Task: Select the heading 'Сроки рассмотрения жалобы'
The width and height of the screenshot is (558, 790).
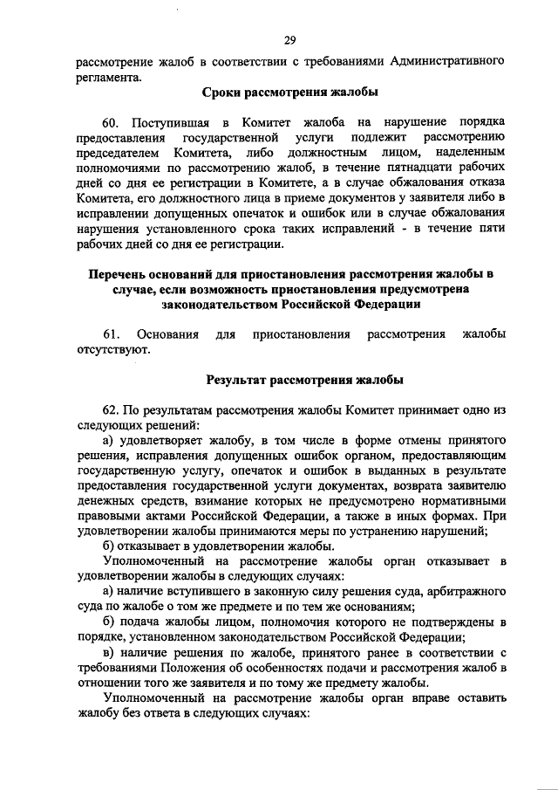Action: [x=289, y=93]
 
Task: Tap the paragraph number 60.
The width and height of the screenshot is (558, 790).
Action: [x=112, y=120]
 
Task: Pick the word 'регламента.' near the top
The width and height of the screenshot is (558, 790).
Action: [x=108, y=77]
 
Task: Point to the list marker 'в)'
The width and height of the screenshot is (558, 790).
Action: [x=109, y=653]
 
